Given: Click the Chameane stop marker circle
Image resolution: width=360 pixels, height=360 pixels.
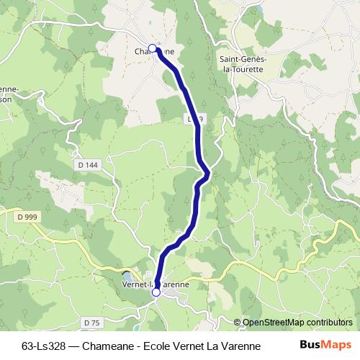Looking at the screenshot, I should [153, 48].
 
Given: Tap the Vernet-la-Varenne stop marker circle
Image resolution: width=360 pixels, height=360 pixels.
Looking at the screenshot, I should [156, 292].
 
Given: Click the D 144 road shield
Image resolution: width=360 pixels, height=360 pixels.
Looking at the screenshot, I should [86, 165].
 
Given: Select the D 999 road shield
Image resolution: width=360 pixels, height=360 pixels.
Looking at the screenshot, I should [28, 215].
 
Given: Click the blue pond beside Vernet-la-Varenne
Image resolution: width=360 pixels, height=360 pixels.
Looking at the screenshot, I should [127, 277].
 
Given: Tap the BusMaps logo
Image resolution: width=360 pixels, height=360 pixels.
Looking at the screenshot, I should [326, 345].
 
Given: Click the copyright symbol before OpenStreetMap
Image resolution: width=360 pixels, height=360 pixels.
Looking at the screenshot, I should [238, 323].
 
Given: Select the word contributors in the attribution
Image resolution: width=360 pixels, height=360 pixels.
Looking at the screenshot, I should [330, 323].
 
